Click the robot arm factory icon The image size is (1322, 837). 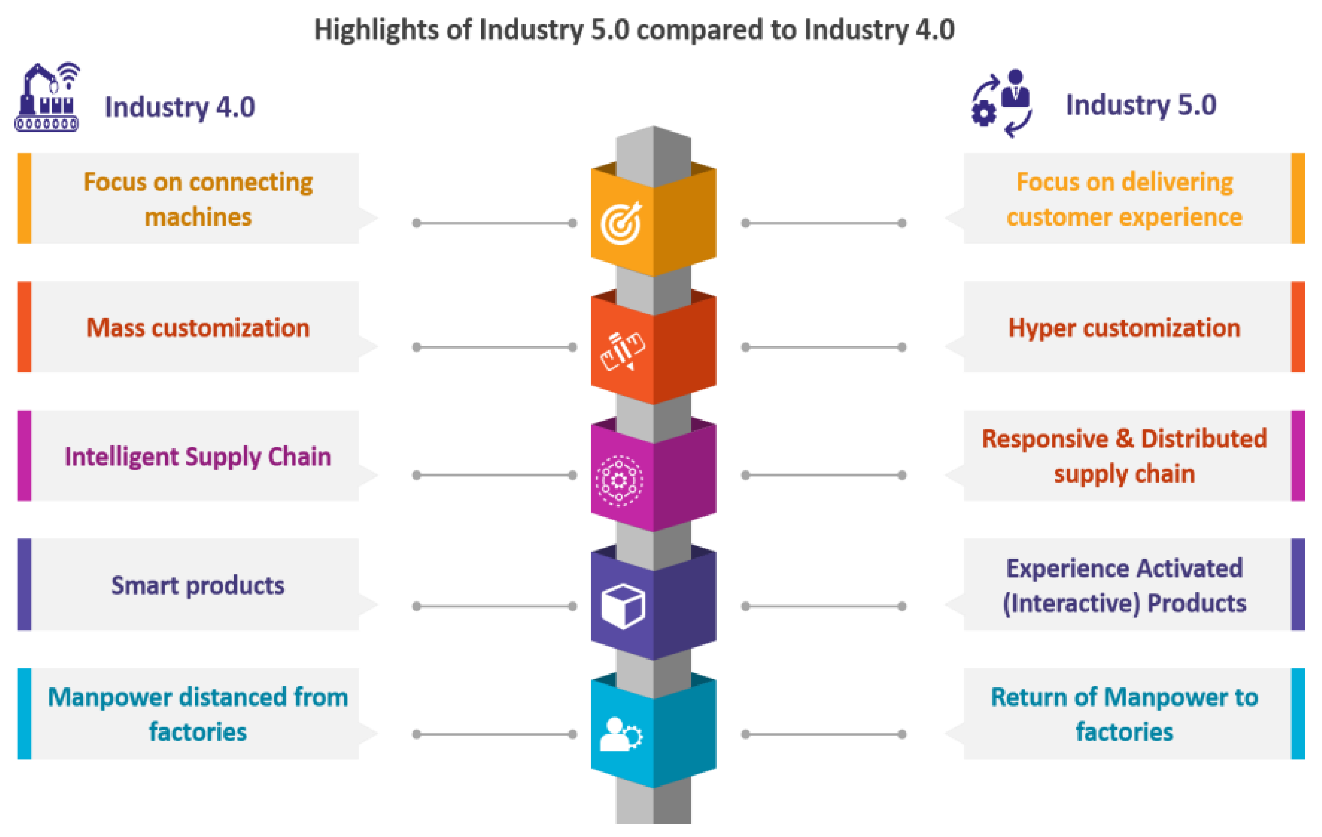coord(47,98)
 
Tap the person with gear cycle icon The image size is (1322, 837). coord(1001,103)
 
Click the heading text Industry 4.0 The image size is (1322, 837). coord(180,107)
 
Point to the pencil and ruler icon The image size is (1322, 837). coord(622,350)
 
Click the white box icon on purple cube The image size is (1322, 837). coord(622,606)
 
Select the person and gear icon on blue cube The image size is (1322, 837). coord(620,734)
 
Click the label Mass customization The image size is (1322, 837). coord(198,328)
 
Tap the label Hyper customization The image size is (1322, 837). coord(1124,328)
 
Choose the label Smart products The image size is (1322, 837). coord(198,586)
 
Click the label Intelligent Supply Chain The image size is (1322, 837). coord(198,456)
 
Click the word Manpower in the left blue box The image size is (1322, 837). coord(110,698)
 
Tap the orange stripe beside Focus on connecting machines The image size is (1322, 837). coord(24,198)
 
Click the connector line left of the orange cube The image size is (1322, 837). coord(494,223)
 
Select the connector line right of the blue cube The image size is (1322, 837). coord(824,734)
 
